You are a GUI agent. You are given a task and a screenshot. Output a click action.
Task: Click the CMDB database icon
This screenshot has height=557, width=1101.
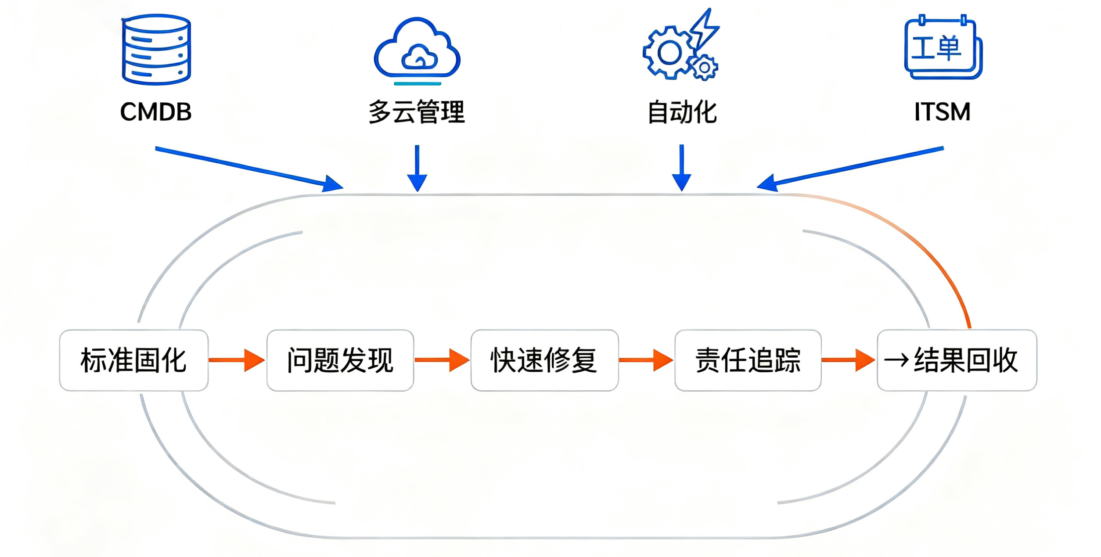[156, 49]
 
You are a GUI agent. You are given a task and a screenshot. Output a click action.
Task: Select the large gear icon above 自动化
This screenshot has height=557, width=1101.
[669, 53]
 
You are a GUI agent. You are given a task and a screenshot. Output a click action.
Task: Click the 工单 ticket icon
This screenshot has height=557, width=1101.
[943, 47]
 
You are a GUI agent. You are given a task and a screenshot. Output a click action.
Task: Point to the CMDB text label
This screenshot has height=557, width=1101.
[156, 112]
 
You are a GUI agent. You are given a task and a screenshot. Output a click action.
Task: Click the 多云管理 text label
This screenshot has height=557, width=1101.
[417, 112]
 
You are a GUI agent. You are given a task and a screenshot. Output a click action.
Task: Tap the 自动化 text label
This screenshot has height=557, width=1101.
[682, 112]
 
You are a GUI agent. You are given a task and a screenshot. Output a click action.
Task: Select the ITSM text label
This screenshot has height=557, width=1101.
[942, 112]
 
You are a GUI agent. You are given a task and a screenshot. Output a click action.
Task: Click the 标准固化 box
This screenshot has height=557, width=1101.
[134, 360]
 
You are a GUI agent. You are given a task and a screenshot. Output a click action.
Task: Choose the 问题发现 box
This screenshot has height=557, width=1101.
[340, 360]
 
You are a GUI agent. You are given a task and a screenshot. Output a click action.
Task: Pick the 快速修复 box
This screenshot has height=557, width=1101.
[544, 360]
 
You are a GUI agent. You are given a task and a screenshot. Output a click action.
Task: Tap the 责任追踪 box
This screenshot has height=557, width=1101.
[748, 360]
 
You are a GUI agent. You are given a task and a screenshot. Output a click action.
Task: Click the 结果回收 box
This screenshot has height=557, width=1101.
[957, 360]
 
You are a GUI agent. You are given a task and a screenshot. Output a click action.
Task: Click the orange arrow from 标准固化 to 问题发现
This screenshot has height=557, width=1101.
[237, 360]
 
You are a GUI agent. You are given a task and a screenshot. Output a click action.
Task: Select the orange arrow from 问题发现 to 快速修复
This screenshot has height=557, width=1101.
[442, 360]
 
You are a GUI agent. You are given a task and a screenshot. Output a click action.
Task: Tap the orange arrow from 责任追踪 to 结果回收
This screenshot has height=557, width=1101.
[849, 360]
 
